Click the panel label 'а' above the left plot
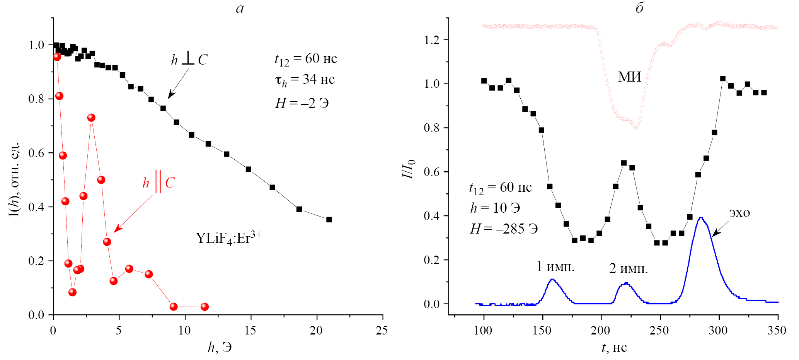click(x=240, y=9)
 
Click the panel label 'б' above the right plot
click(x=639, y=8)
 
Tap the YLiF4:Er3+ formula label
click(x=229, y=237)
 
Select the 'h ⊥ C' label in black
click(x=189, y=60)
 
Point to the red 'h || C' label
click(x=158, y=182)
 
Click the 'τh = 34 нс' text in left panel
click(x=305, y=80)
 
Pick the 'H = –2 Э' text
click(x=302, y=103)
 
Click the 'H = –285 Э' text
click(x=504, y=229)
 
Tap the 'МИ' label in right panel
click(x=629, y=77)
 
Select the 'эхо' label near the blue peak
click(x=739, y=213)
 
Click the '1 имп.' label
click(x=555, y=266)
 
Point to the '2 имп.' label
click(x=628, y=268)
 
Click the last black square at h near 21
click(x=329, y=220)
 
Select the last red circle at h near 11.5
click(x=204, y=307)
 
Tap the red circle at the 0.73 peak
click(x=91, y=118)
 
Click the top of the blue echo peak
click(x=700, y=218)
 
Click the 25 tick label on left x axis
click(x=382, y=330)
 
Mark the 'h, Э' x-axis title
click(x=220, y=347)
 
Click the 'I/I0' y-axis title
click(x=408, y=169)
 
